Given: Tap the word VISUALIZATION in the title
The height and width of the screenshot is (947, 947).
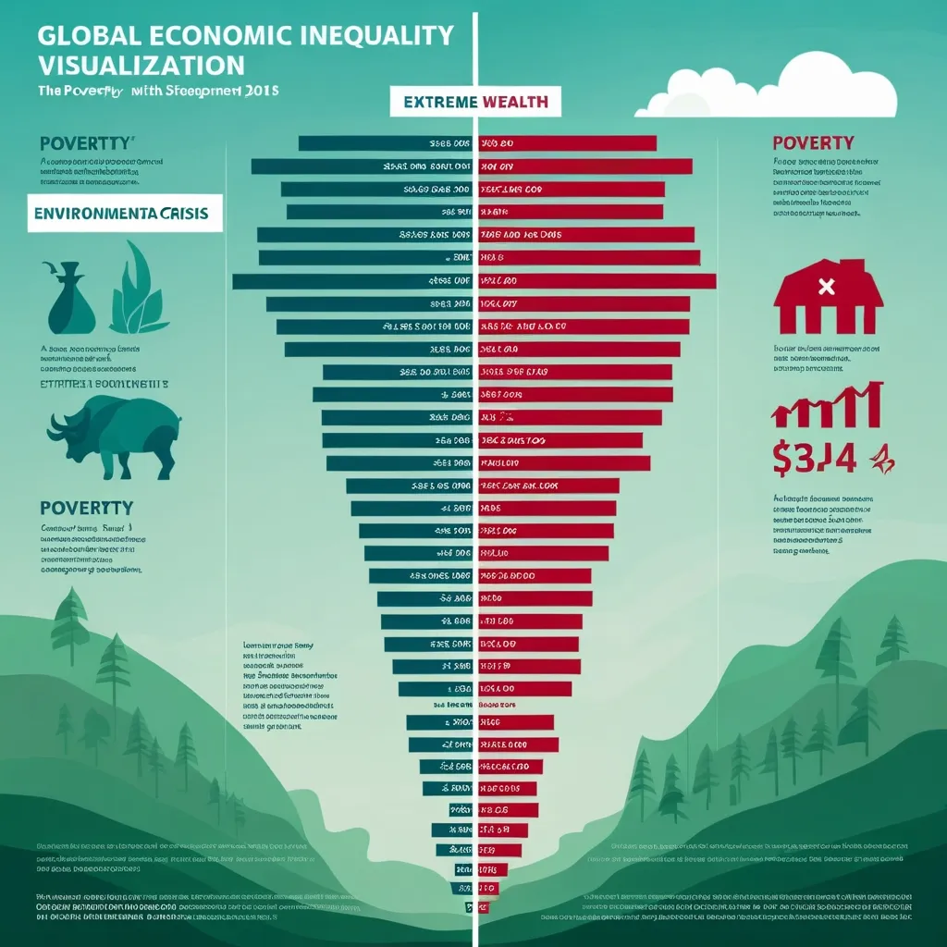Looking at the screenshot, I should [141, 66].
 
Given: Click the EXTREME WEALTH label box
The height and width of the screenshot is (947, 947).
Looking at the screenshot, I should [476, 102].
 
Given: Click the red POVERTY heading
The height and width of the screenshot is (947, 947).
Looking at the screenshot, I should [813, 142].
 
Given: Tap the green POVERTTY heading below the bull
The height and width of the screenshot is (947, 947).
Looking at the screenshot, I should [87, 508].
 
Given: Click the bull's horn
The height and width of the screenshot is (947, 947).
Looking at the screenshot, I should [57, 424].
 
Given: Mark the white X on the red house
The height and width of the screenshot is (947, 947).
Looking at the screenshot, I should [827, 287].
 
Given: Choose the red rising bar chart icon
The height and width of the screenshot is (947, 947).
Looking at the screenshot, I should [827, 404].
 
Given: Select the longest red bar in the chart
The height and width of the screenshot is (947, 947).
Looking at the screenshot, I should [596, 280].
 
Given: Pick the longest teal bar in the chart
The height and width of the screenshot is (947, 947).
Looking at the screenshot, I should [352, 280].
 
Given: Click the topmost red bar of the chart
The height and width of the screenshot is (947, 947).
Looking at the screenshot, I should [566, 143].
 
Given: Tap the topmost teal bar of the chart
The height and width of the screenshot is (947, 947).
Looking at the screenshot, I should [385, 143].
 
